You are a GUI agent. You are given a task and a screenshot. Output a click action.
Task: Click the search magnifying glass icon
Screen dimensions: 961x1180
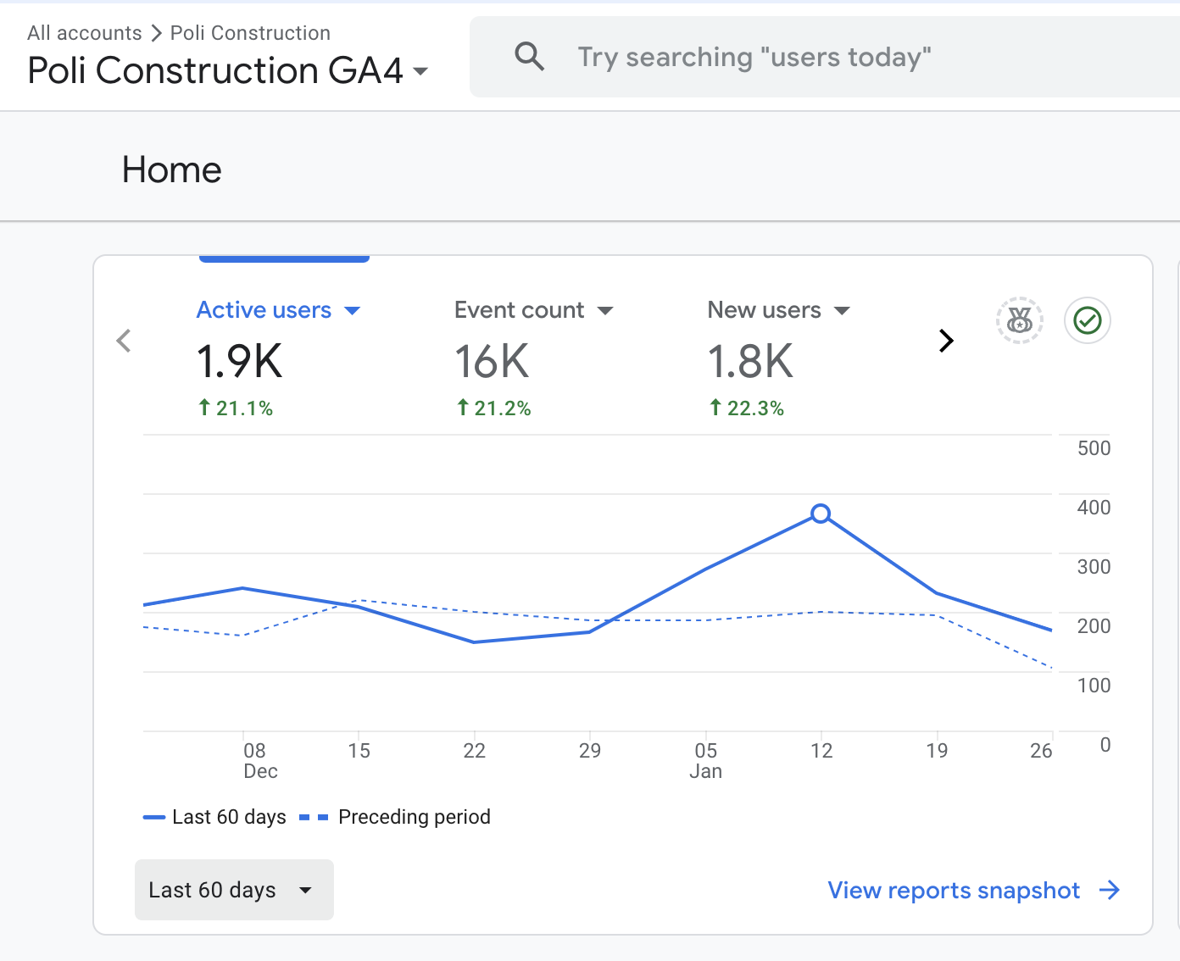530,57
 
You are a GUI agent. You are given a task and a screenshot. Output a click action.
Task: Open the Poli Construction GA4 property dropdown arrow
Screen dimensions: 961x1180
420,71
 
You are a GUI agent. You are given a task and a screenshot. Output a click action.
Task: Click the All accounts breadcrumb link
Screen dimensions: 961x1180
84,33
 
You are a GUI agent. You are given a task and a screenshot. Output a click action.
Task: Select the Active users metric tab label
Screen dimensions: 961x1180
264,310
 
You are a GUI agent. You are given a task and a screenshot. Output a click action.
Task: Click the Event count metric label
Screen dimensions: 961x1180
519,310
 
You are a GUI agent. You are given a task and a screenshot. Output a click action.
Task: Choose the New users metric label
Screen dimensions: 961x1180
764,310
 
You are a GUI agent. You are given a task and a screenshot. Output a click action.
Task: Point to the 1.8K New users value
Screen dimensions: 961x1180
750,362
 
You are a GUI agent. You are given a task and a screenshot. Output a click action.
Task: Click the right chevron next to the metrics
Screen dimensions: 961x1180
946,341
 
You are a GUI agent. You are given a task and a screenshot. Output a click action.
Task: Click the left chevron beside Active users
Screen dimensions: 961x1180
124,341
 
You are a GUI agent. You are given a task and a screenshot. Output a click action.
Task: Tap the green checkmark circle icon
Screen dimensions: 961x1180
1088,320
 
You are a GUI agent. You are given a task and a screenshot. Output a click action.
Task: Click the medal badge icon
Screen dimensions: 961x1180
1019,320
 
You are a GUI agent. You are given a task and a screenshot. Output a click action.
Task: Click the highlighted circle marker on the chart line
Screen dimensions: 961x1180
821,514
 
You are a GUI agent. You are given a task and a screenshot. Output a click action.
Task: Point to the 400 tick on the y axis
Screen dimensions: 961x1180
1094,508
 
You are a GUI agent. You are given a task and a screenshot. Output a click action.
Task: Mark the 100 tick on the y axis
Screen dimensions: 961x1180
1094,686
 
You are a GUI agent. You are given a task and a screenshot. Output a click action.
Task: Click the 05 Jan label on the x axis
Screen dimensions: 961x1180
705,760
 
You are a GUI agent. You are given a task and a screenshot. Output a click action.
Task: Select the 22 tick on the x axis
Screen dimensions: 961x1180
474,751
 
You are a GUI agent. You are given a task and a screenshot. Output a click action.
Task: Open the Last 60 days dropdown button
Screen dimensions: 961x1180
234,890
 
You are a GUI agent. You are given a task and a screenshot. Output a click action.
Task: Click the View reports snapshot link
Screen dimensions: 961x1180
973,890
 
